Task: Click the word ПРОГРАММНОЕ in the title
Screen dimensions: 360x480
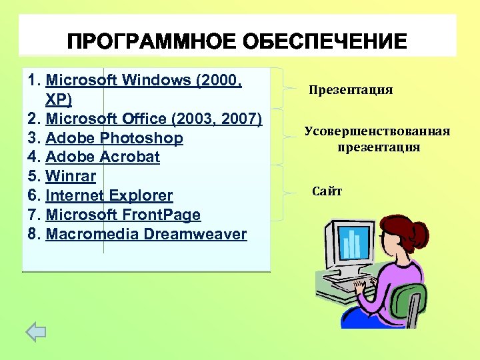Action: [150, 42]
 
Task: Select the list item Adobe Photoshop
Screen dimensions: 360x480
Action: [114, 139]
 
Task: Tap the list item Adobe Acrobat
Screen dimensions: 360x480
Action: [103, 158]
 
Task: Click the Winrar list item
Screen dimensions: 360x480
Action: [71, 177]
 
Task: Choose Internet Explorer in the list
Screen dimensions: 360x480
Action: [109, 196]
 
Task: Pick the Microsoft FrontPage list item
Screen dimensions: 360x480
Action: [123, 215]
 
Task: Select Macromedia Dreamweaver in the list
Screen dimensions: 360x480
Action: [146, 235]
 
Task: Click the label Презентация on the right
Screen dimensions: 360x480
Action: [351, 90]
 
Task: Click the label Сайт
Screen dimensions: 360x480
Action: [327, 192]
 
